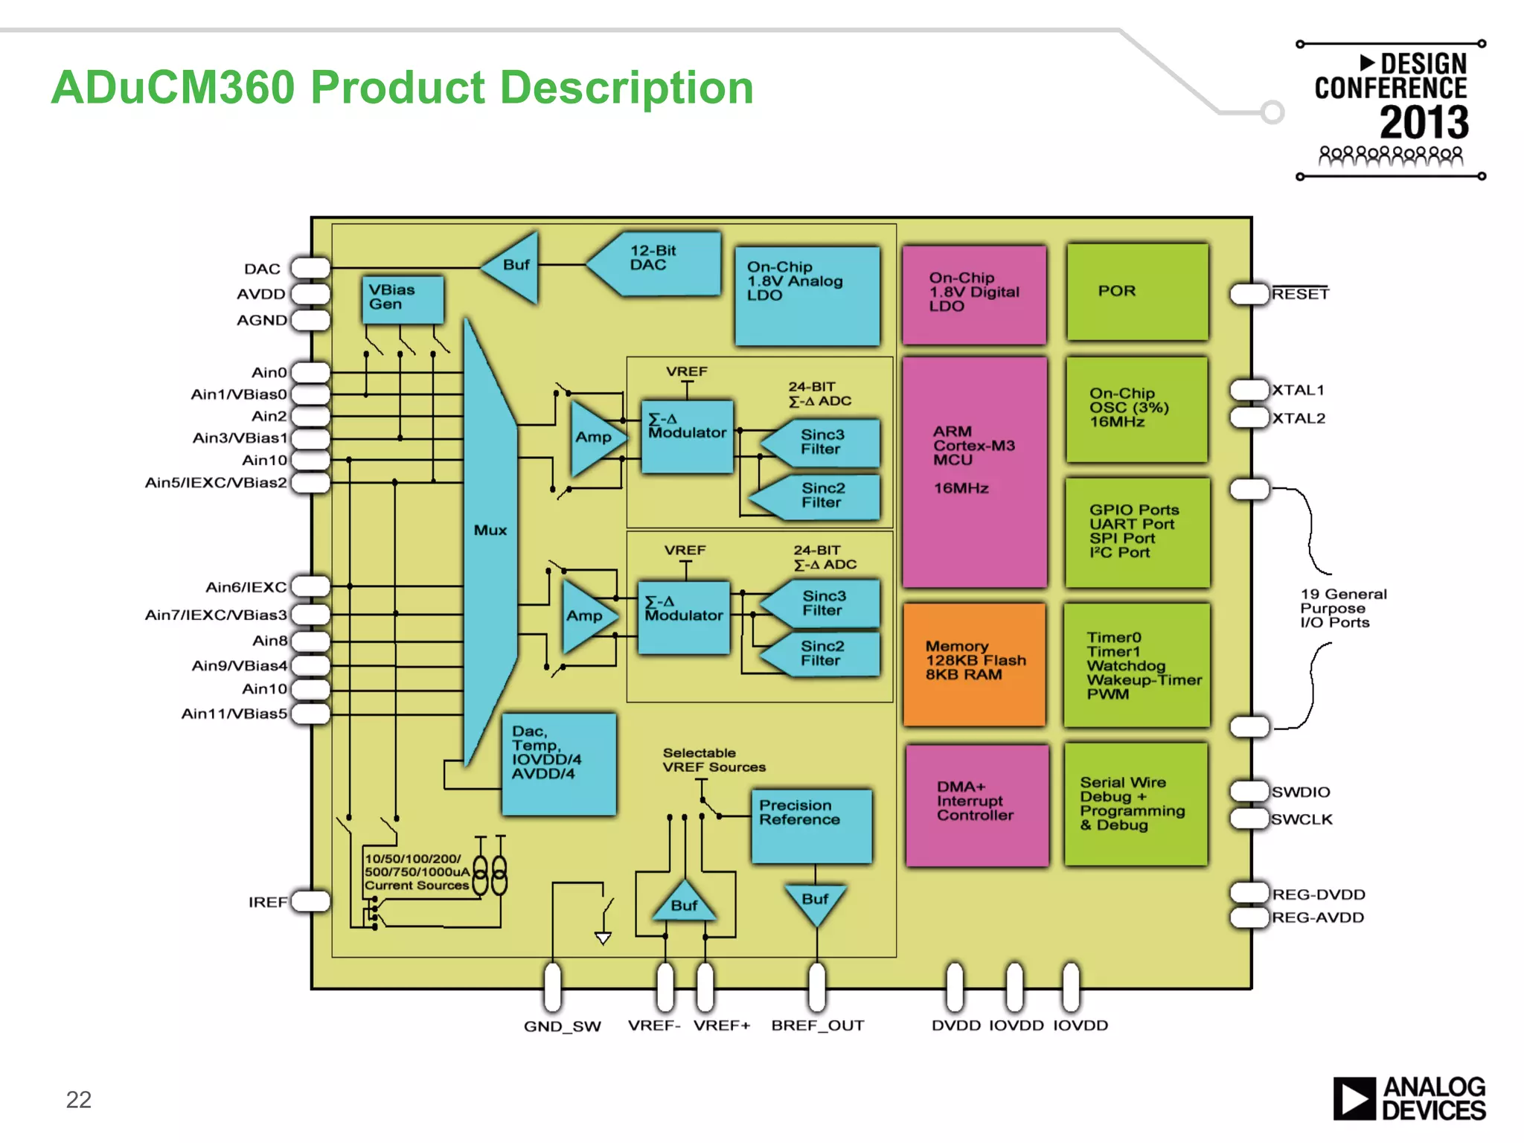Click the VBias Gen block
(403, 299)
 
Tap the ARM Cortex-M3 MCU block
(974, 471)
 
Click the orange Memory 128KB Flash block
(974, 663)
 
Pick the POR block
(1137, 292)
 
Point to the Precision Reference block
(810, 825)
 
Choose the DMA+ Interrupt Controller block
(976, 804)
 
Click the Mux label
(490, 531)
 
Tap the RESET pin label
(1300, 294)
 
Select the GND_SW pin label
(562, 1026)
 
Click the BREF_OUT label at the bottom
(817, 1025)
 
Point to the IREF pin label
(268, 903)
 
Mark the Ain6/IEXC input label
(246, 587)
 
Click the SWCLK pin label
(1302, 819)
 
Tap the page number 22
(79, 1099)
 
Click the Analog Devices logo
(1409, 1098)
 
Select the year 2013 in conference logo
(1424, 123)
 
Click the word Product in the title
(397, 88)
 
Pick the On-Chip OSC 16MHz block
(1136, 409)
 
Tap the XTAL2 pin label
(1299, 418)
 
